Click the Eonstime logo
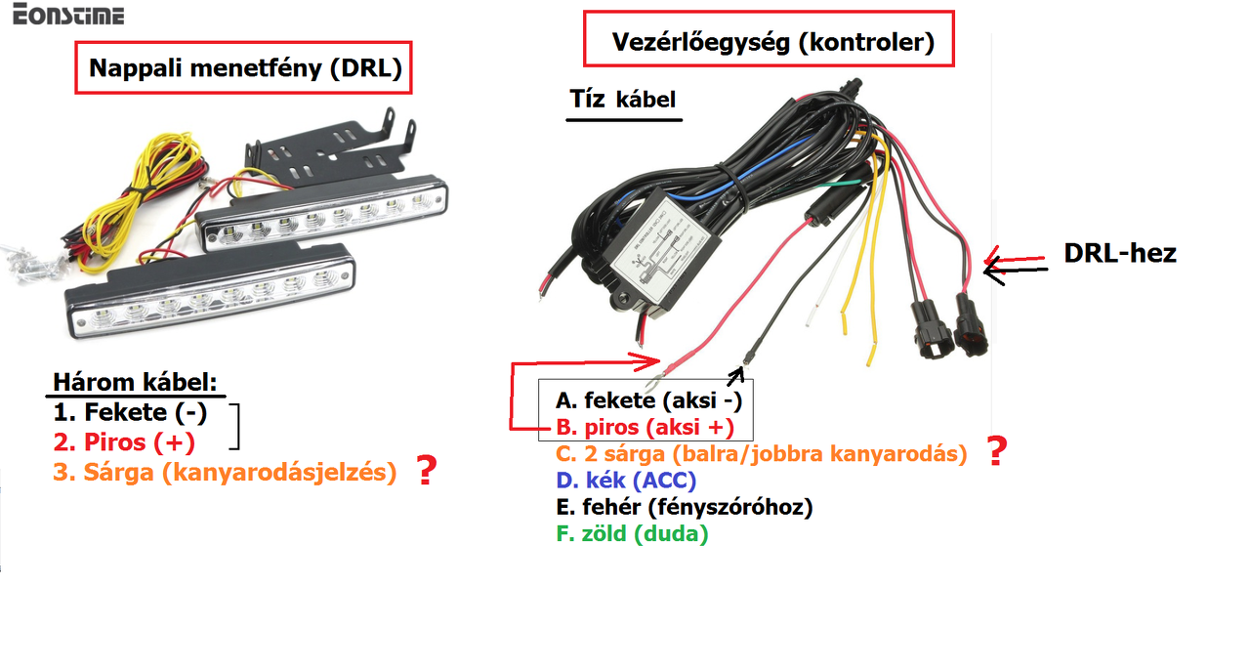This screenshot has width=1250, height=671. (x=62, y=15)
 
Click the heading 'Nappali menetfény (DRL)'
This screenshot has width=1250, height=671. (x=245, y=67)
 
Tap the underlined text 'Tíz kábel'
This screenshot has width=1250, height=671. (x=623, y=100)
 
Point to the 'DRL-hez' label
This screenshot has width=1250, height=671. (x=1119, y=254)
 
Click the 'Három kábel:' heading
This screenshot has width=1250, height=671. (x=135, y=382)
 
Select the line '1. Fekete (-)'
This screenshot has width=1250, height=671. (x=131, y=412)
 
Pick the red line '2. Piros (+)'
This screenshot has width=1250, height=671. (x=125, y=442)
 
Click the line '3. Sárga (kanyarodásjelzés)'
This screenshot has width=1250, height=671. (x=226, y=473)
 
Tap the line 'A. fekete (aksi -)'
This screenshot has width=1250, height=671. (x=654, y=399)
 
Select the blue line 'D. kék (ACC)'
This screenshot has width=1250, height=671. (x=626, y=481)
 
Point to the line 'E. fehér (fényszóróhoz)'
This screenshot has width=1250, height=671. (x=684, y=507)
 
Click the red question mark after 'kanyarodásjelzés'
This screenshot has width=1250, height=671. (x=426, y=472)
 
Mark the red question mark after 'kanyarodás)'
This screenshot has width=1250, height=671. (x=996, y=452)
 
